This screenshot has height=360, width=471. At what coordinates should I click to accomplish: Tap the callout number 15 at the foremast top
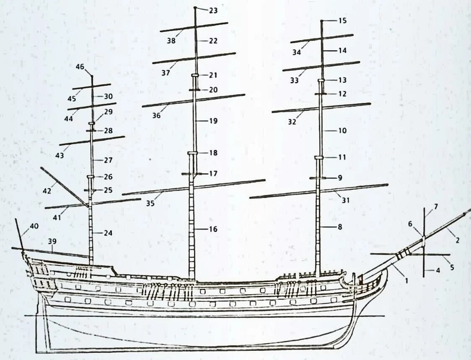tap(342, 21)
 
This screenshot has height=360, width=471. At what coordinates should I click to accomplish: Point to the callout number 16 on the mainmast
tap(213, 229)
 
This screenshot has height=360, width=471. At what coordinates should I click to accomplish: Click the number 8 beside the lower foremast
tap(340, 227)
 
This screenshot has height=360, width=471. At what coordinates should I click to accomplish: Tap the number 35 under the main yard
tap(150, 204)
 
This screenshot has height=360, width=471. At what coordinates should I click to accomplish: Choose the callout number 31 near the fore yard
tap(345, 200)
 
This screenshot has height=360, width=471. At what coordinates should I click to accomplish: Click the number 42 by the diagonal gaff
tap(47, 191)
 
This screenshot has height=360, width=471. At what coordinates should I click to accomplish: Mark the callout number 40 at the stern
tap(34, 226)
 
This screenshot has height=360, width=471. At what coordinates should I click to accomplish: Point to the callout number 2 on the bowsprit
tap(457, 240)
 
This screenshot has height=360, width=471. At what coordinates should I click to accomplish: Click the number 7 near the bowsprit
tap(436, 207)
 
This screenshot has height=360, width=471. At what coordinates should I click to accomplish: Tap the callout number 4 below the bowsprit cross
tap(438, 270)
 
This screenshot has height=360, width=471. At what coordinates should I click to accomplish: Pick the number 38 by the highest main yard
tap(171, 41)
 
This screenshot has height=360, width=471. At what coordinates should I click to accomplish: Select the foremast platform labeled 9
tap(318, 178)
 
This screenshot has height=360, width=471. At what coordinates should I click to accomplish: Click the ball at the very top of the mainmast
tap(195, 8)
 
